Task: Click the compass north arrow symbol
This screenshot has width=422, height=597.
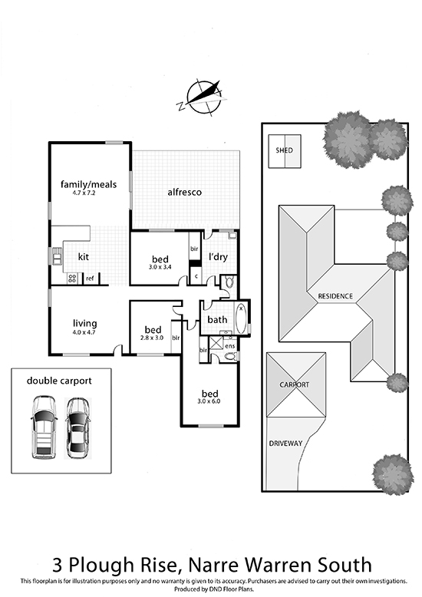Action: coord(202,97)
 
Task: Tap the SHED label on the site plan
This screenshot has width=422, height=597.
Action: coord(284,150)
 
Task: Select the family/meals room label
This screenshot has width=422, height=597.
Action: coord(89,184)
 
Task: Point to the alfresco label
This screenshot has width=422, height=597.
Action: coord(185,193)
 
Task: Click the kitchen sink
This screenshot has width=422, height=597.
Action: coord(57,256)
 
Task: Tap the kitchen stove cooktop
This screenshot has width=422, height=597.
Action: coord(72,279)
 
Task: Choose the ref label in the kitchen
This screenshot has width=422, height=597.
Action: coord(90,279)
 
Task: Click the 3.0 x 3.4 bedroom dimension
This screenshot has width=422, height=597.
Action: coord(160,267)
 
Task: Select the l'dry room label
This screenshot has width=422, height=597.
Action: coord(218,256)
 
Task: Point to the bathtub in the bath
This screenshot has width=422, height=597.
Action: coord(241,319)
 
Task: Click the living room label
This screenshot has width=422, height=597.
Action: coord(85,324)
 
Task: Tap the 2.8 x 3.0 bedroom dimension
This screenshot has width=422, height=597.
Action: coord(152,338)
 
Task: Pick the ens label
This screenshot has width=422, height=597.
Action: coord(230,346)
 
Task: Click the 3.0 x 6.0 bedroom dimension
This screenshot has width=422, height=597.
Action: coord(209,401)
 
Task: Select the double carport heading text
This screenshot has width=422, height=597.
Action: coord(59,381)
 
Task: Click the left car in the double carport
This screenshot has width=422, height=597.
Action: coord(44,427)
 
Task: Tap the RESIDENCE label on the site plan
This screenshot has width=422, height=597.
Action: coord(335,296)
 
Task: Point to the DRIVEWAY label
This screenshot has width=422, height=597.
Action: coord(285,444)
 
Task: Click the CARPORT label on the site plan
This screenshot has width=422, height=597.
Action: coord(295,384)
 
